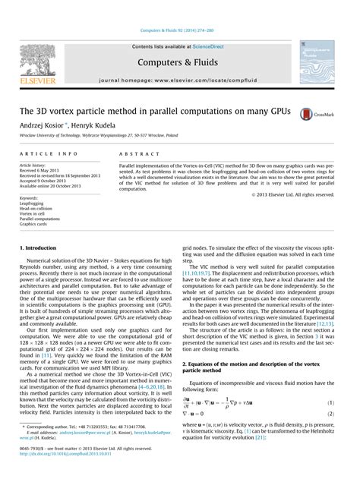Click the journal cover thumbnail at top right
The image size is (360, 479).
pyautogui.click(x=316, y=62)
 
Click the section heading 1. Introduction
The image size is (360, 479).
pyautogui.click(x=42, y=248)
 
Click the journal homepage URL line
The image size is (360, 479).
pyautogui.click(x=180, y=79)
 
